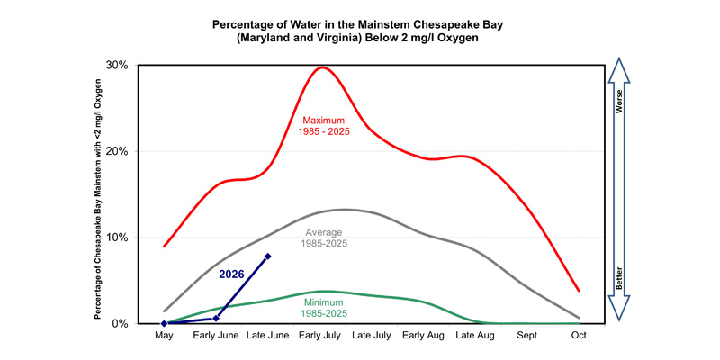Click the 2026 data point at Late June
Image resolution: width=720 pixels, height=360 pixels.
tap(267, 256)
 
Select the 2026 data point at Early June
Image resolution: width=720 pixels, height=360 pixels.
tap(216, 319)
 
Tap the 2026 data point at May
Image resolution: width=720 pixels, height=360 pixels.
tap(164, 323)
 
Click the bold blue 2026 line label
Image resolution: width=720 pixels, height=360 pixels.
tap(231, 274)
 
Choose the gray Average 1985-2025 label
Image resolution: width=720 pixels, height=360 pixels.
tap(324, 238)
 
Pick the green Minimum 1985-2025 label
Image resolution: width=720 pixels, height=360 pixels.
tap(324, 308)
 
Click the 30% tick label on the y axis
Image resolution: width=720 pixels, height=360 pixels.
tap(118, 65)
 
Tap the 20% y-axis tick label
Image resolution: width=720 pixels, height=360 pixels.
tap(118, 151)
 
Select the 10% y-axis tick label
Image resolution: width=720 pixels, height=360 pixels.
tap(118, 238)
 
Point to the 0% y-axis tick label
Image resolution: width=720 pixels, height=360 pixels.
tap(121, 323)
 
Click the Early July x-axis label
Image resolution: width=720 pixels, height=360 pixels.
tap(319, 336)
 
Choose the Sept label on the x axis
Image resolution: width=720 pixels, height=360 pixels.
tap(526, 336)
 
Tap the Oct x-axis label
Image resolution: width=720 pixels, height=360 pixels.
tap(579, 336)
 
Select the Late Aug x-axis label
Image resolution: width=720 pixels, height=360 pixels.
tap(475, 336)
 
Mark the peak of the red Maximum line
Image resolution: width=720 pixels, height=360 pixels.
tap(322, 67)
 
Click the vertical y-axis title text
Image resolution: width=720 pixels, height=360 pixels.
tap(98, 202)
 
